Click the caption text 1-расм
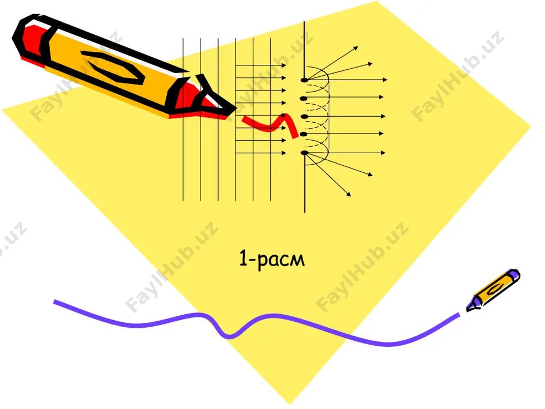tap(272, 259)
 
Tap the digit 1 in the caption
tap(243, 258)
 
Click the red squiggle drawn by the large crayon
tap(271, 126)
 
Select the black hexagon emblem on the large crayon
tap(112, 67)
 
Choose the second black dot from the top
tap(304, 98)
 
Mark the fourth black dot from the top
tap(304, 134)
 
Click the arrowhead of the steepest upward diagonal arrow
tap(356, 48)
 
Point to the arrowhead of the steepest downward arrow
tap(349, 195)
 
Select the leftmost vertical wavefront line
tap(183, 119)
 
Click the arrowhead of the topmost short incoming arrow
tap(284, 65)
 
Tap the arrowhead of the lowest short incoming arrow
tap(284, 153)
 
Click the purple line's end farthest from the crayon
tap(54, 301)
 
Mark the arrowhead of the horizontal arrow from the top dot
tap(385, 80)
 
